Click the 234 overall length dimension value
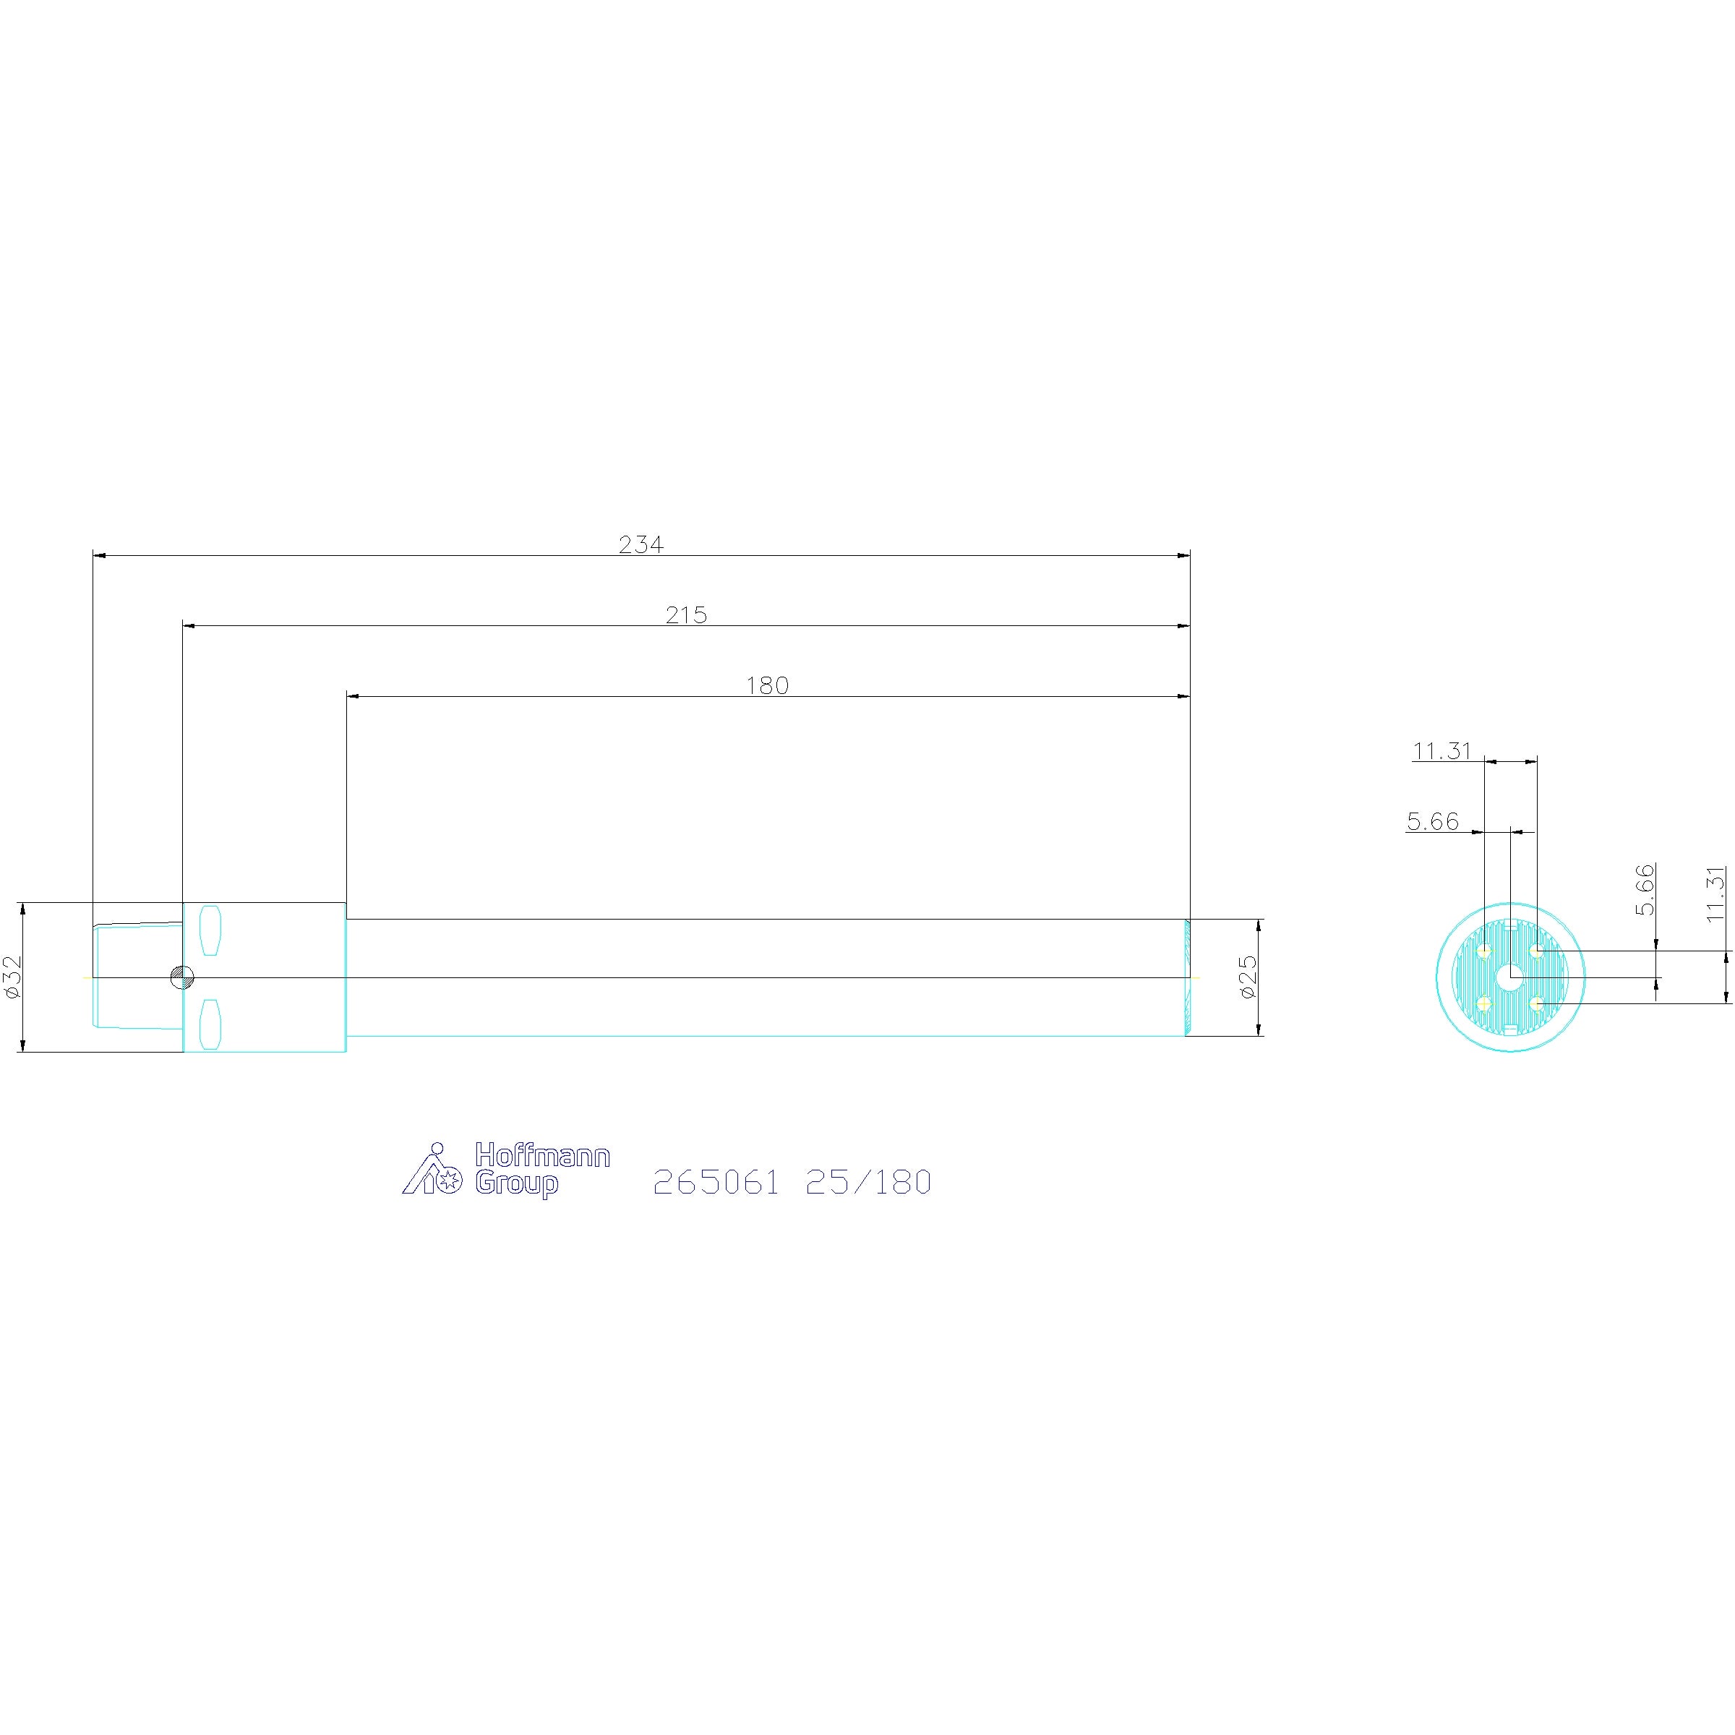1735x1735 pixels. (x=641, y=544)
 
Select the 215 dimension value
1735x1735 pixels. (x=687, y=615)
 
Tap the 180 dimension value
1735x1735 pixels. (x=768, y=685)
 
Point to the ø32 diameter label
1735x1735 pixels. (x=12, y=977)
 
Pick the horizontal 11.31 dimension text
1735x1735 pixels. (x=1442, y=751)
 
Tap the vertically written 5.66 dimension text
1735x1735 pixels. (x=1645, y=889)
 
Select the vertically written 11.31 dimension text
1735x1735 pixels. (x=1716, y=893)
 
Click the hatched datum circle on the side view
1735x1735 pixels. (x=182, y=978)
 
